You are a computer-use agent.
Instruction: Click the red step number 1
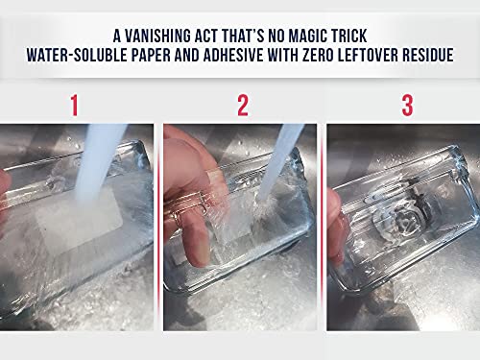click(x=74, y=106)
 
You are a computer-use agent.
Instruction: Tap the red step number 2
click(x=243, y=106)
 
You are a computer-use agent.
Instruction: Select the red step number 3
click(x=407, y=106)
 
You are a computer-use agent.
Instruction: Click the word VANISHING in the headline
click(x=156, y=36)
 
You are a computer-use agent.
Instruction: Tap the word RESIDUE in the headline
click(x=428, y=55)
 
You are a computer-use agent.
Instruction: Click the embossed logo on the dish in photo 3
click(x=400, y=211)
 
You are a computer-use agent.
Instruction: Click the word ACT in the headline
click(x=209, y=36)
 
